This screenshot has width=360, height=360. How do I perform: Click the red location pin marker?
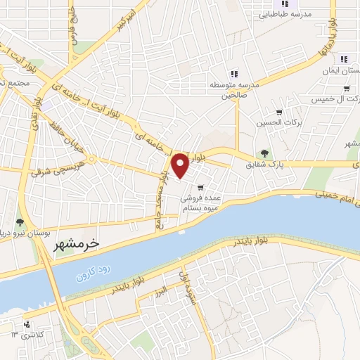point(180,165)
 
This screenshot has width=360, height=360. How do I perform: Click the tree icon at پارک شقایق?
point(264,153)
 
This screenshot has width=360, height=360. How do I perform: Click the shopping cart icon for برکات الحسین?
point(279,112)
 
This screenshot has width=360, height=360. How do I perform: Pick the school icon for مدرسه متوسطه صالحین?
point(233,73)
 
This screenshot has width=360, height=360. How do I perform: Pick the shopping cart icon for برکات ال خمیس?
point(346,89)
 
